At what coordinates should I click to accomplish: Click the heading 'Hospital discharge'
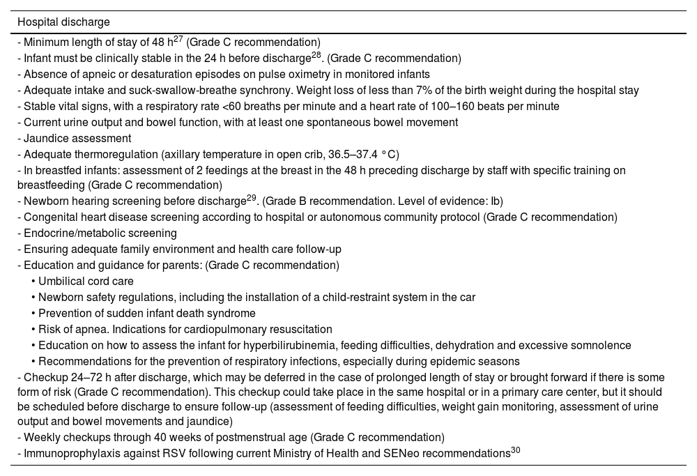click(x=64, y=22)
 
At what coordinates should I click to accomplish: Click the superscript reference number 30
click(x=516, y=450)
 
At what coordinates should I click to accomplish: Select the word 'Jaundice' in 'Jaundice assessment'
click(x=45, y=139)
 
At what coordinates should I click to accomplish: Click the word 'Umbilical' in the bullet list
click(x=62, y=281)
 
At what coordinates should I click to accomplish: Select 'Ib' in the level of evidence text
click(x=496, y=201)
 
